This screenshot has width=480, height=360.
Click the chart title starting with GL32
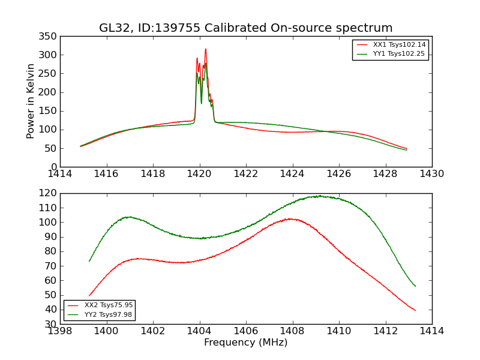[245, 28]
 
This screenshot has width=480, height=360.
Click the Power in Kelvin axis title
[31, 101]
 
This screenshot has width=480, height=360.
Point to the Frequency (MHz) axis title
[245, 343]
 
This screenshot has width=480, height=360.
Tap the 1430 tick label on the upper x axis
[431, 174]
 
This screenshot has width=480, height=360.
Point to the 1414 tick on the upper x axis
[60, 174]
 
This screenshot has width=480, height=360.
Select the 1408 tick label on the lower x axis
[292, 331]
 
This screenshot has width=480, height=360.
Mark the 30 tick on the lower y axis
[52, 324]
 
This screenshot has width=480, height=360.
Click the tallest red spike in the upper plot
[205, 49]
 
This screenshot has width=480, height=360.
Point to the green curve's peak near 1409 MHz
[319, 196]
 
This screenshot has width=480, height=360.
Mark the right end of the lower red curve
[415, 310]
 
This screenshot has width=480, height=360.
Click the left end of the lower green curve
[89, 261]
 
